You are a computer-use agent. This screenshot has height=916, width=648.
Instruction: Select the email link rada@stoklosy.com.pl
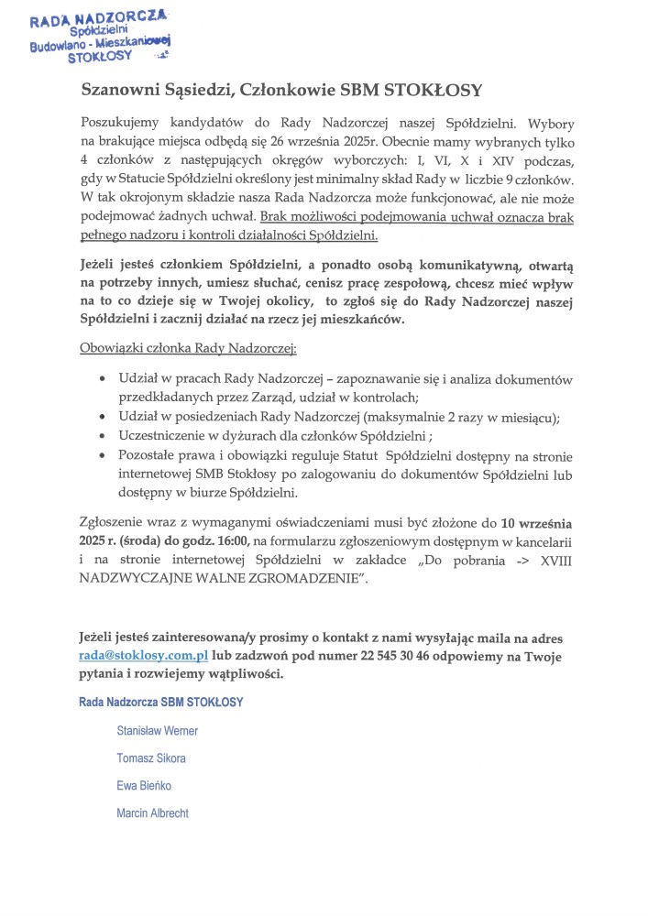click(x=144, y=657)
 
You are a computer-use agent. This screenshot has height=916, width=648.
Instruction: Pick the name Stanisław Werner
click(x=157, y=731)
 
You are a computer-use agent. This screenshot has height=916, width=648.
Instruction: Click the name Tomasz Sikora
click(x=151, y=758)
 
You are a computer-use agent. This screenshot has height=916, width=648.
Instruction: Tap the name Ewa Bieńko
click(x=144, y=786)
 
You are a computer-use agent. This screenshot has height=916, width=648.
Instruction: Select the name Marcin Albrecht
click(x=152, y=813)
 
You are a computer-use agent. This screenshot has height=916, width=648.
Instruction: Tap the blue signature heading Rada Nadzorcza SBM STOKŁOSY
click(x=160, y=702)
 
